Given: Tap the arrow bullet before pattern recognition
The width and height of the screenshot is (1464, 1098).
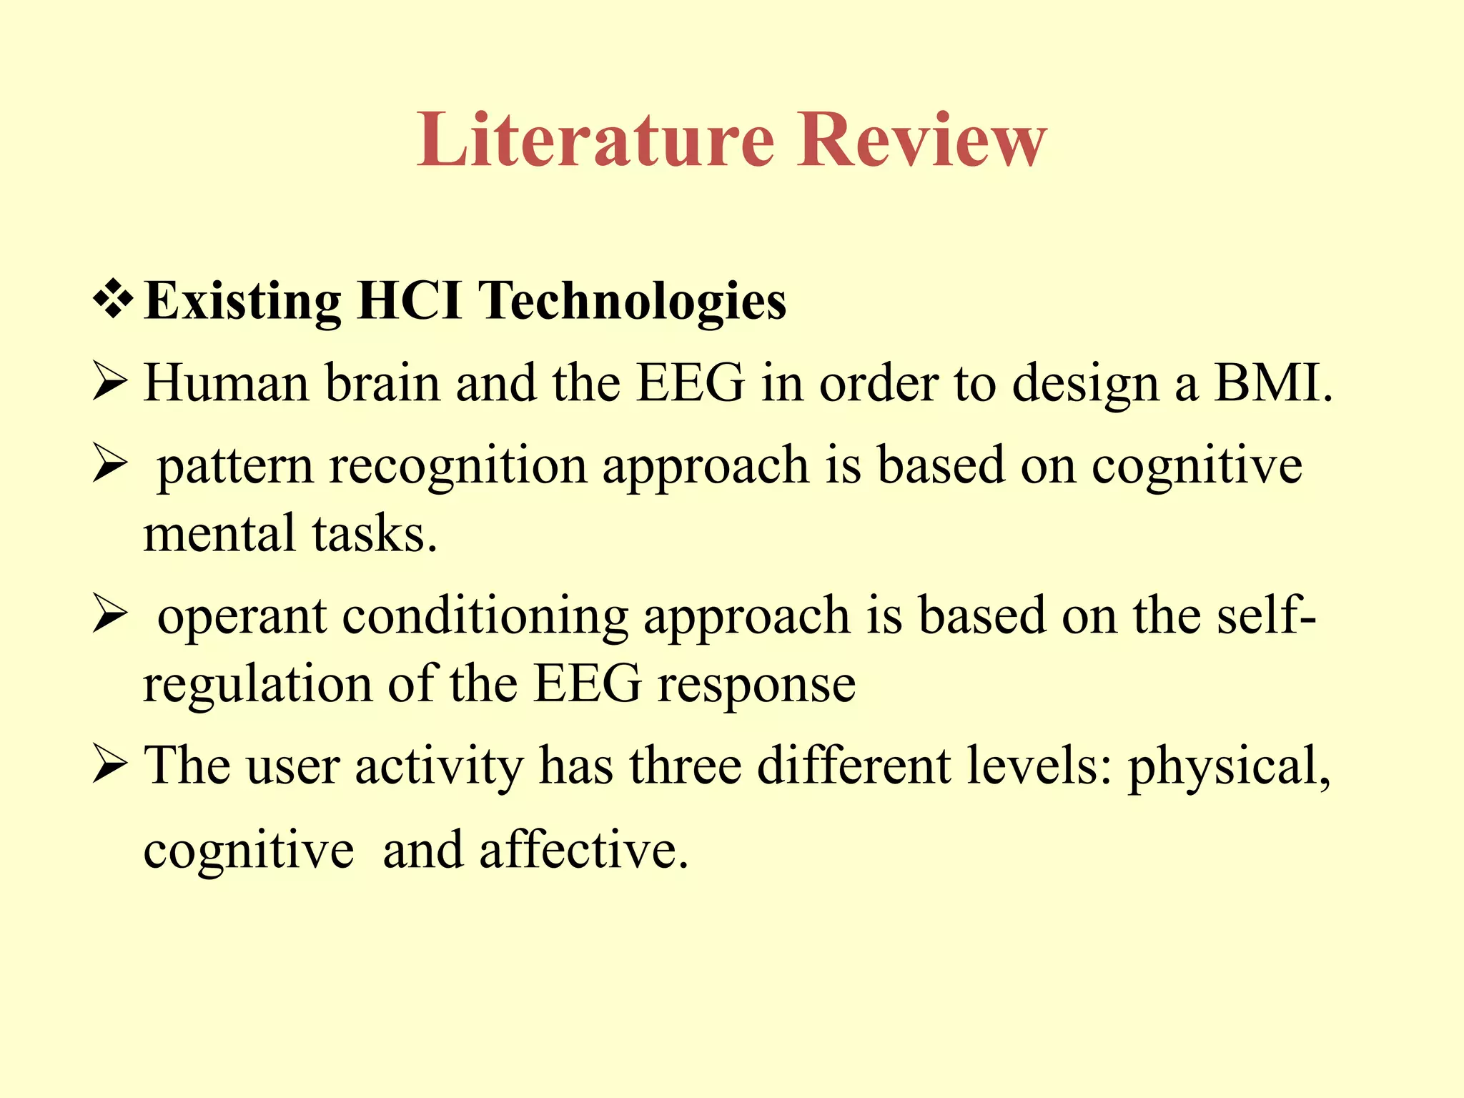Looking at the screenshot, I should (x=110, y=467).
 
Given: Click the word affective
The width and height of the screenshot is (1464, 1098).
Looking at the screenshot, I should (x=583, y=850).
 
